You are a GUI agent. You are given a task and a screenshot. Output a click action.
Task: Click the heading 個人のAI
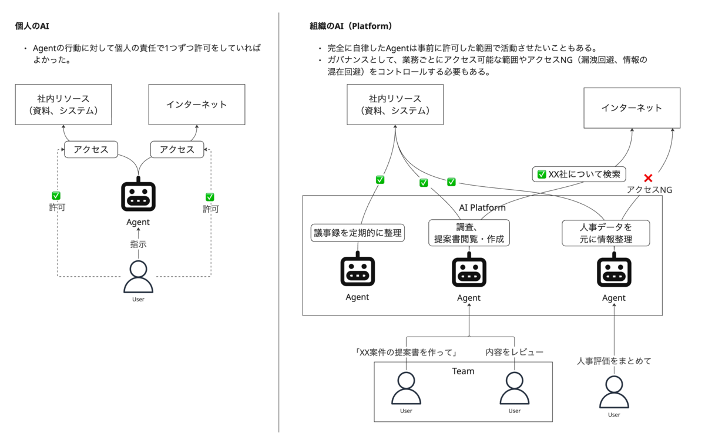tap(32, 26)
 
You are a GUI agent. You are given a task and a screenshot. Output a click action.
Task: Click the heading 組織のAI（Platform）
tap(351, 26)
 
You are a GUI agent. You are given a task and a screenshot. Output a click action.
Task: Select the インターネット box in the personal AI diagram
tap(197, 104)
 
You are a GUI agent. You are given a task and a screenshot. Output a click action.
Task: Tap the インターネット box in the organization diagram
tap(632, 108)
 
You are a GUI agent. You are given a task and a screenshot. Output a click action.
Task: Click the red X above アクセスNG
tap(648, 178)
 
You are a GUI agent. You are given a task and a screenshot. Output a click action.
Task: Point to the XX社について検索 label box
tap(579, 174)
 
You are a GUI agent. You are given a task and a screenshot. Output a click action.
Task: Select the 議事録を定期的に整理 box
tap(358, 233)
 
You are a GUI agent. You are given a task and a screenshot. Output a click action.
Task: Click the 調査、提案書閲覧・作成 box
tap(469, 233)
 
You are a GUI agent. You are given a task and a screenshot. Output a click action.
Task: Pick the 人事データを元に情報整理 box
tap(606, 233)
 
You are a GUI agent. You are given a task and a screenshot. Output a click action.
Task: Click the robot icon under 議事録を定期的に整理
tap(358, 269)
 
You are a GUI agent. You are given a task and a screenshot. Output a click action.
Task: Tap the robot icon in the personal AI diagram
tap(138, 194)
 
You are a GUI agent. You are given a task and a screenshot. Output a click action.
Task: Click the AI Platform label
tap(482, 207)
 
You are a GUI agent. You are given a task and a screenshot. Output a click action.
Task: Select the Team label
tap(463, 371)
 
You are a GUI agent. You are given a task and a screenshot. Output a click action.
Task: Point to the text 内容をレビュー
tap(514, 352)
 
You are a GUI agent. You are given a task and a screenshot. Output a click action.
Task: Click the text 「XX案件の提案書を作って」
tap(406, 352)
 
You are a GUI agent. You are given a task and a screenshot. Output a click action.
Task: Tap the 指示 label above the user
tap(138, 244)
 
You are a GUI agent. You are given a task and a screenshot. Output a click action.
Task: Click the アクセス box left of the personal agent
tap(91, 149)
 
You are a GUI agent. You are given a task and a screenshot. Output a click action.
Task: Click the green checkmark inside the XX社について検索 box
tap(541, 174)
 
